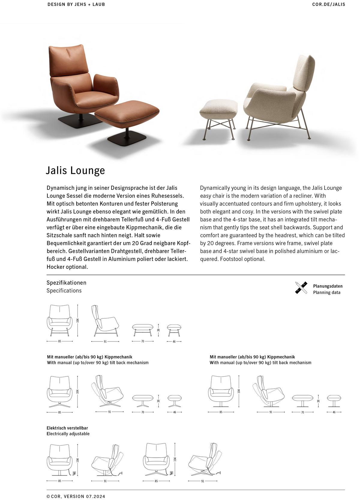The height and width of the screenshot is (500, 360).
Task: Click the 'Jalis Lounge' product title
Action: coord(75,170)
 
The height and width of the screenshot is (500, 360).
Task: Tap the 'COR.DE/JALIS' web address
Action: coord(329,5)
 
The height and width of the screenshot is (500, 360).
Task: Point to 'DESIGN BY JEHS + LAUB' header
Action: coord(76,5)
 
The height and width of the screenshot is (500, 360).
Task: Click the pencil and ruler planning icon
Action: coord(301,288)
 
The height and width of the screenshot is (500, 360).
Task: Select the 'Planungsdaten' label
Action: coord(328,286)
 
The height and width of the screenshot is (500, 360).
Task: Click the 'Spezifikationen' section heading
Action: coord(66,283)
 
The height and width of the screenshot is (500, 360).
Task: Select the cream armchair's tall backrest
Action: coord(303,74)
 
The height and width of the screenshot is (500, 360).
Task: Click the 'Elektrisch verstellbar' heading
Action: coord(67,428)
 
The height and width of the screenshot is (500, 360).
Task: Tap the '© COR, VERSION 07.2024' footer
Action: coord(76,496)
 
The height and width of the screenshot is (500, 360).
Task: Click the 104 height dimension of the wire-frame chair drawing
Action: coord(78,320)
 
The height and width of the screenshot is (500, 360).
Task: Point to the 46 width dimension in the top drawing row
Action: coord(174,342)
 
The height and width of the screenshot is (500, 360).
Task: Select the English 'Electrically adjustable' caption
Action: coord(68,434)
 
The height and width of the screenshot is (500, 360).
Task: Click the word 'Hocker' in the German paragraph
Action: coord(55,267)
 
